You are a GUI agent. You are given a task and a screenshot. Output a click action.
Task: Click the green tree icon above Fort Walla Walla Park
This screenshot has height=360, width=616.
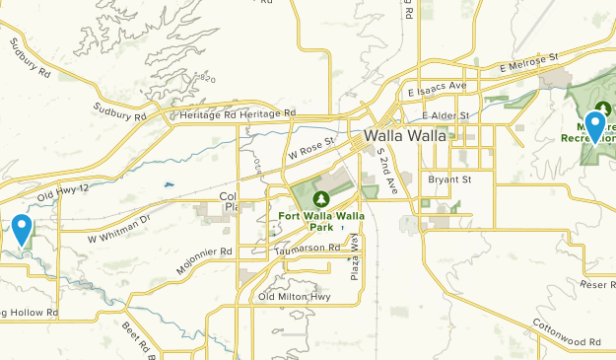(x=318, y=200)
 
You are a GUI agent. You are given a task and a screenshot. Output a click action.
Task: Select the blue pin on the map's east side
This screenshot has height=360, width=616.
(x=594, y=128)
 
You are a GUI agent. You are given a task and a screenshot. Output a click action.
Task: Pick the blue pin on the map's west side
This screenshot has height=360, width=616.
(x=22, y=230)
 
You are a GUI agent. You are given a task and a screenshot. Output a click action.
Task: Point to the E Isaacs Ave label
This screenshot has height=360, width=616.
(x=437, y=87)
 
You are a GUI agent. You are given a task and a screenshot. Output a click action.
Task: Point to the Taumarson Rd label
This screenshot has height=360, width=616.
(x=308, y=249)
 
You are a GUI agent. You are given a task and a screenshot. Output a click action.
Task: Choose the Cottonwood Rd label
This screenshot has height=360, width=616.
(x=569, y=341)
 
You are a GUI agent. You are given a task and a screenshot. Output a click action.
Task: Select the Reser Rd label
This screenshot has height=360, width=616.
(x=597, y=284)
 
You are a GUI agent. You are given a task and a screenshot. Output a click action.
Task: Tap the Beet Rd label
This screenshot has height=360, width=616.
(x=133, y=337)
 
